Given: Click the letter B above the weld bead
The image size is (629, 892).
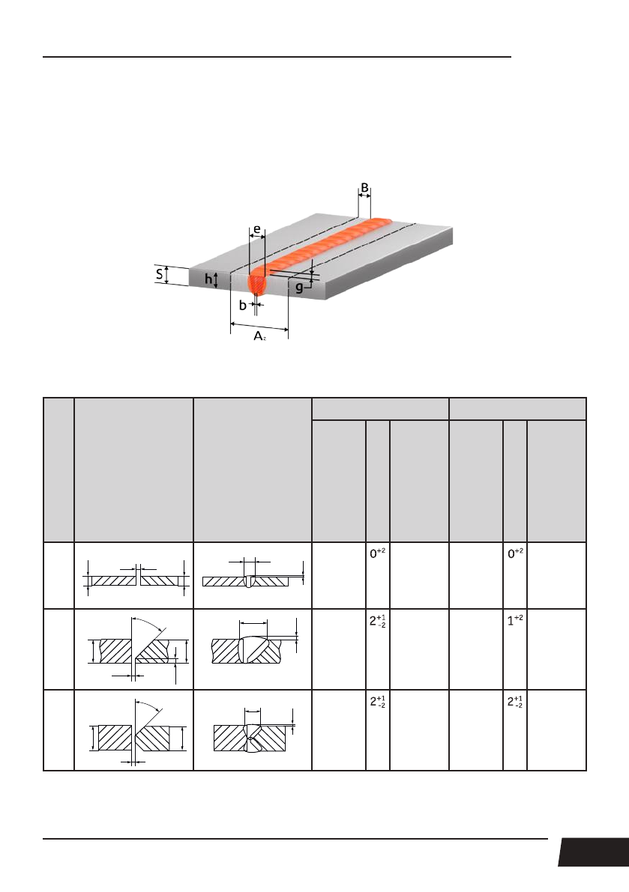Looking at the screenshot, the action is click(x=364, y=187).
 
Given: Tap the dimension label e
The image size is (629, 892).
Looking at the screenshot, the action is click(x=256, y=229).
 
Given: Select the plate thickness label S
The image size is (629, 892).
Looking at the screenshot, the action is click(x=159, y=275).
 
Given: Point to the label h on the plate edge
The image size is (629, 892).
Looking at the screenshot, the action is click(x=208, y=280).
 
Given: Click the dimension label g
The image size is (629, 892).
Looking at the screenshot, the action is click(x=299, y=288).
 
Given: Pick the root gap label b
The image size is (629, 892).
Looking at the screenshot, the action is click(x=242, y=305).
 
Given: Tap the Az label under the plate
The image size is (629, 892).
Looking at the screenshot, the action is click(x=259, y=337).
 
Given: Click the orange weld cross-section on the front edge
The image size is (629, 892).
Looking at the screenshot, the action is click(x=257, y=283).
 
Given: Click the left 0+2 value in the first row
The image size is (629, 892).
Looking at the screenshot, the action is click(x=376, y=553).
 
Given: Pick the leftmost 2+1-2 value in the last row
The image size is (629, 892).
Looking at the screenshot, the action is click(x=376, y=703).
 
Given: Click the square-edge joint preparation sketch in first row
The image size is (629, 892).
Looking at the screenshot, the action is click(x=133, y=577).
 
